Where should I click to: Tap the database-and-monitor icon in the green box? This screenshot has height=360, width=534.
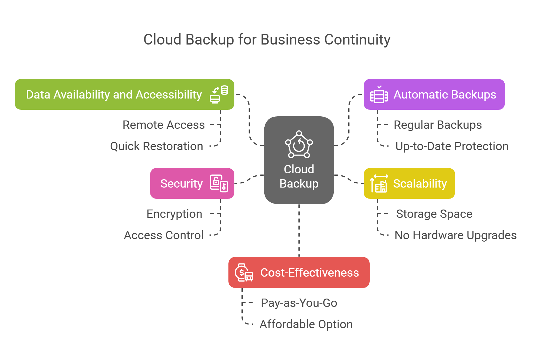tap(219, 94)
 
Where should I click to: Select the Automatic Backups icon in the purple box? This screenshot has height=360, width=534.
tap(379, 95)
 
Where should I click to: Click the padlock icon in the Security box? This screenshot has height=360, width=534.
tap(219, 183)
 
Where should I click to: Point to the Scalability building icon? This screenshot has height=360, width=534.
tap(379, 184)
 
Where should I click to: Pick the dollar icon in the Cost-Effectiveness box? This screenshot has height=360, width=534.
tap(244, 272)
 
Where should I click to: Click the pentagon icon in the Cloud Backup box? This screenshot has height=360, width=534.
tap(299, 145)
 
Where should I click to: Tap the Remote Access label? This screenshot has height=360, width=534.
tap(163, 125)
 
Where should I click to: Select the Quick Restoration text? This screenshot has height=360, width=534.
tap(156, 146)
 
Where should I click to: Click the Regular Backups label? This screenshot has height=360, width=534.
tap(438, 125)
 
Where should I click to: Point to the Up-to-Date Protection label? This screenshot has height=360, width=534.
tap(452, 146)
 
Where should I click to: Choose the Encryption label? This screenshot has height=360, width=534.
tap(174, 214)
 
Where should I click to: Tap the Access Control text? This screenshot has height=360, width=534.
tap(163, 235)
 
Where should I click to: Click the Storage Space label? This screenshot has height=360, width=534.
tap(434, 214)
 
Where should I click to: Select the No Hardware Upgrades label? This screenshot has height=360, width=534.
tap(455, 235)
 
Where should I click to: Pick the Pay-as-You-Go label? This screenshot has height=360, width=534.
tap(299, 303)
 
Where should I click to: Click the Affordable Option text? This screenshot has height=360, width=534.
tap(306, 324)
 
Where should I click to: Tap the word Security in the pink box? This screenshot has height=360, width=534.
tap(181, 184)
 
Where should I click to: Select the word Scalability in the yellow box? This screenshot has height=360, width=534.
tap(420, 184)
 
